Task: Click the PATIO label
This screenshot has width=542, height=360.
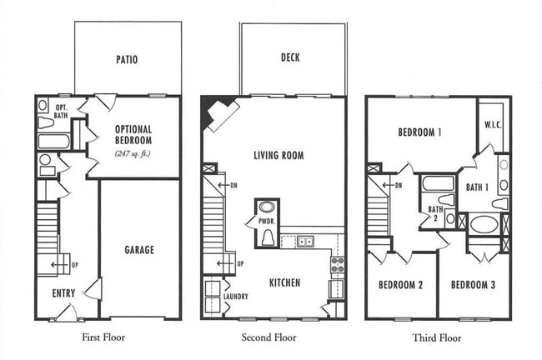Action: coord(127,60)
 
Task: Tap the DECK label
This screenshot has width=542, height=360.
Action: coord(290,57)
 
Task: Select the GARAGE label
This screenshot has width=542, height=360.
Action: coord(139,249)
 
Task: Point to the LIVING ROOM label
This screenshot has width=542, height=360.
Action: coord(279,155)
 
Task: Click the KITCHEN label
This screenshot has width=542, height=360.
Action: coord(284,282)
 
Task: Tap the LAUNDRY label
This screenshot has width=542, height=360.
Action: coord(237,297)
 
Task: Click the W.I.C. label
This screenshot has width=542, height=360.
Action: coord(492,126)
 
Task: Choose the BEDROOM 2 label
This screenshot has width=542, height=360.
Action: coord(401,285)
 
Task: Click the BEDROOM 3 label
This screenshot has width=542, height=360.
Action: coord(473,285)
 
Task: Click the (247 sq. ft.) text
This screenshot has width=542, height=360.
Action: coord(133,153)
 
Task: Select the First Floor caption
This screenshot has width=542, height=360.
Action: coord(103,337)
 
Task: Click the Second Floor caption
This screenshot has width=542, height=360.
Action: coord(268,337)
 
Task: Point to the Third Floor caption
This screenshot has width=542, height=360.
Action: coord(437,337)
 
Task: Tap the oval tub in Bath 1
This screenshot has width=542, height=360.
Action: coord(484,224)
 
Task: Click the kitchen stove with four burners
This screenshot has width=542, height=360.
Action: coord(338,265)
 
